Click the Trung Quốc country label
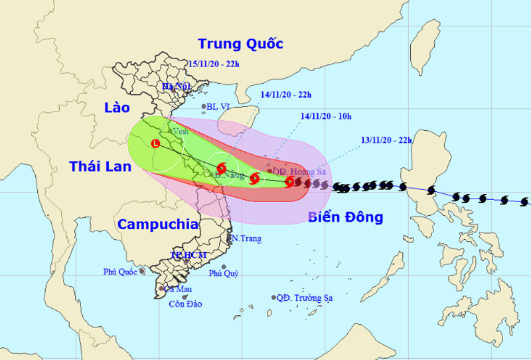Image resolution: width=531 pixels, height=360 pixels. coord(241,44)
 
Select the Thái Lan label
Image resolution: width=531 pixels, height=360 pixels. coord(101,167)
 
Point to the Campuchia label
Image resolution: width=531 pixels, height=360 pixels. coord(158,225)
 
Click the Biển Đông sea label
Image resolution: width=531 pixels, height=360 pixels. coord(346,217)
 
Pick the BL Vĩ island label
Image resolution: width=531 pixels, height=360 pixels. coord(220,106)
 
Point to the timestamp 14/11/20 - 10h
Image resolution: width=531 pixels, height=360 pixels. coord(325,116)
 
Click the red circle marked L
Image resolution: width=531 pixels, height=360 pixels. coord(156,143)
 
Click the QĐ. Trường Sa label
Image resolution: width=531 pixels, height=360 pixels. coord(305,298)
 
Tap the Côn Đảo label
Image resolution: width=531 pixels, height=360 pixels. coord(185,304)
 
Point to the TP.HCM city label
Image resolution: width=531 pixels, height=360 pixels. coord(189,255)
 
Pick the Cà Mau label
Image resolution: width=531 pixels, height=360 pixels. coord(179,289)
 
